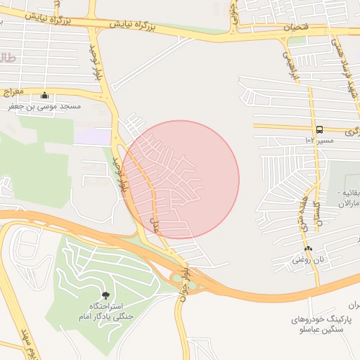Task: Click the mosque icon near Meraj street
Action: (x=46, y=96)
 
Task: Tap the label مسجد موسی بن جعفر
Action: (x=46, y=107)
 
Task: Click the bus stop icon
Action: (x=319, y=129)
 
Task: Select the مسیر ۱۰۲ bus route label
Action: (x=318, y=141)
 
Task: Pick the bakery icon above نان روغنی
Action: (x=308, y=249)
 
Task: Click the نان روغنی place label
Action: (x=308, y=260)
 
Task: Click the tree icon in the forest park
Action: (x=106, y=295)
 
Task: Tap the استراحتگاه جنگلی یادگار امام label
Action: (x=106, y=312)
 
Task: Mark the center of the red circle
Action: (x=181, y=179)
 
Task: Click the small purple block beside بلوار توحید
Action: (x=92, y=136)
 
